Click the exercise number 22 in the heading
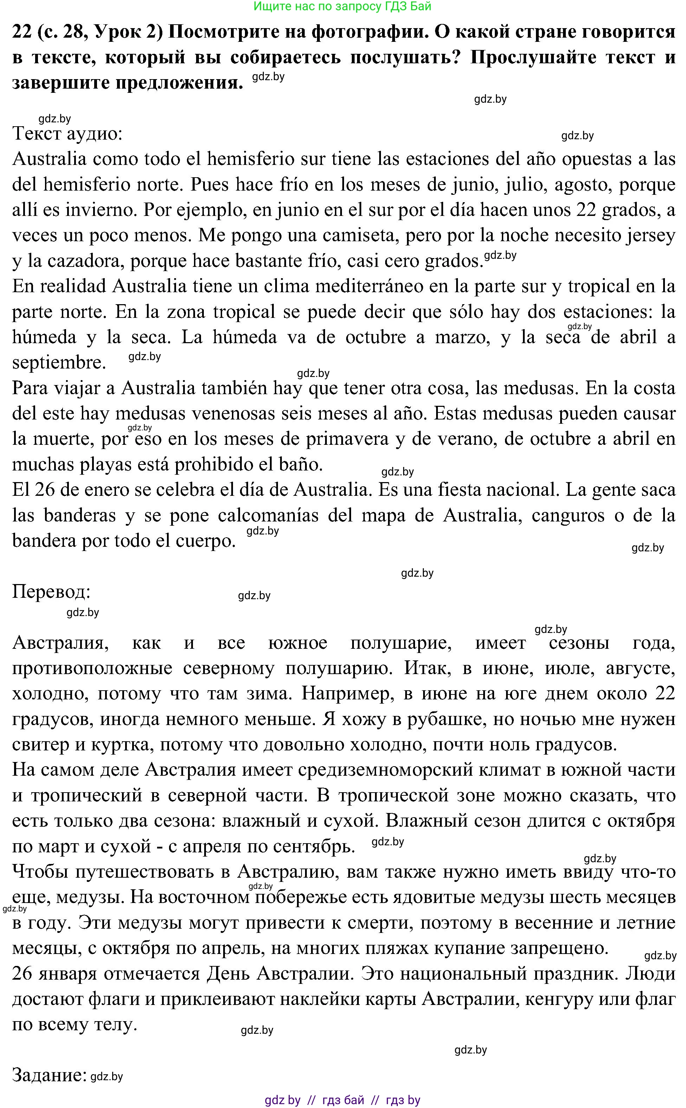pos(21,32)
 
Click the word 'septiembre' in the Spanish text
pos(59,363)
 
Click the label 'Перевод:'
pos(51,591)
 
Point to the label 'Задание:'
pos(49,1075)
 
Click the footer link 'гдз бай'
pos(343,1100)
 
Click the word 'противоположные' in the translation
pos(92,668)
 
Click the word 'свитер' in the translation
pos(37,744)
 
